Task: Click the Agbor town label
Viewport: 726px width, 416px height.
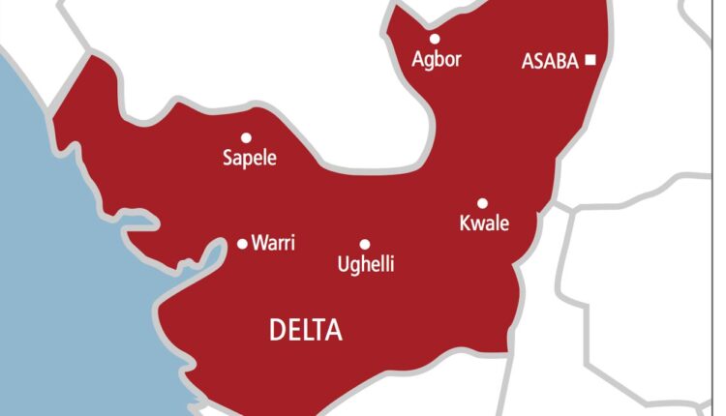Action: pyautogui.click(x=436, y=60)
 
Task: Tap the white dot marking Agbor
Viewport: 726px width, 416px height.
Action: pyautogui.click(x=435, y=39)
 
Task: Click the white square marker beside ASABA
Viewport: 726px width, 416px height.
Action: pyautogui.click(x=590, y=60)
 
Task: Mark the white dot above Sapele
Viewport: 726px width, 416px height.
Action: pyautogui.click(x=246, y=137)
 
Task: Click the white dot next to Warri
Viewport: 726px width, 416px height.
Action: pyautogui.click(x=242, y=244)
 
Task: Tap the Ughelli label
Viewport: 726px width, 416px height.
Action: pyautogui.click(x=365, y=264)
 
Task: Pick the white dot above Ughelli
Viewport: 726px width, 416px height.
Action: pyautogui.click(x=365, y=245)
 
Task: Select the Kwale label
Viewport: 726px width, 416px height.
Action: pyautogui.click(x=483, y=223)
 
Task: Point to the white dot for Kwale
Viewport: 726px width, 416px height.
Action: pyautogui.click(x=482, y=203)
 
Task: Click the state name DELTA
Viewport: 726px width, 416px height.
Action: pyautogui.click(x=305, y=331)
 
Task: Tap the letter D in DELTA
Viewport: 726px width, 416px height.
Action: pyautogui.click(x=276, y=331)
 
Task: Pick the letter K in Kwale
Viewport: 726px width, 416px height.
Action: pyautogui.click(x=463, y=223)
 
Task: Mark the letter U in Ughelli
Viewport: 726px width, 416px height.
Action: pyautogui.click(x=342, y=263)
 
